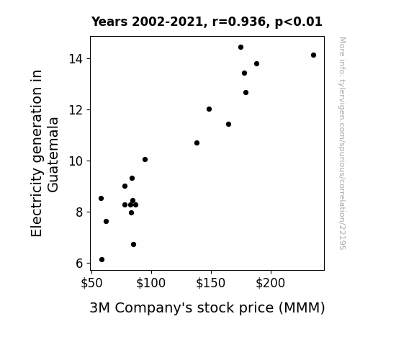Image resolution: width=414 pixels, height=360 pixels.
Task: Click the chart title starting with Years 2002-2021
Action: point(207,22)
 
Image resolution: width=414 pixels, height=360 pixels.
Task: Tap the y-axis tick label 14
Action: point(76,58)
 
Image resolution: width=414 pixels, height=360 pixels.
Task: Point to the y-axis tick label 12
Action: point(76,110)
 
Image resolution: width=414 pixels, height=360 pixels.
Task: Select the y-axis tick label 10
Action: point(76,161)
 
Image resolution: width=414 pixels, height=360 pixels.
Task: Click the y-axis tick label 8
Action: point(79,212)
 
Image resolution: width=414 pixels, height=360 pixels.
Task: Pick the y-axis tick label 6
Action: point(79,264)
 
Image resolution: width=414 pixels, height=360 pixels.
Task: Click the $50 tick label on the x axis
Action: point(91,283)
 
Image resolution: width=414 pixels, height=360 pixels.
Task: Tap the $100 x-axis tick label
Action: point(150,283)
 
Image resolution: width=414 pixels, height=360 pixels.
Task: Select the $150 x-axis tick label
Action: point(210,283)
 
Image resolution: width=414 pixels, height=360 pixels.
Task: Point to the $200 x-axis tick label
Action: point(271,283)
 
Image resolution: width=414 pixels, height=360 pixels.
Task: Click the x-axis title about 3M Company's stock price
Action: point(207,308)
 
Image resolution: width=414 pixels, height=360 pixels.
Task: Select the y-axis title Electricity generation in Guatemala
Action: point(45,153)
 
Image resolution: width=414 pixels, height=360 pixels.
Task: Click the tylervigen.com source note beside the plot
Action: point(342,143)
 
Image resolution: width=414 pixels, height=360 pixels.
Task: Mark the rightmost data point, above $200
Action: point(313,55)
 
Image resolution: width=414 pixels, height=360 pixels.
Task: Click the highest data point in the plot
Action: point(240,48)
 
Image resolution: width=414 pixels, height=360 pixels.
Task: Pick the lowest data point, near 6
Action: point(102,260)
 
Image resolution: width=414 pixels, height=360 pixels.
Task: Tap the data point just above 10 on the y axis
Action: point(145,160)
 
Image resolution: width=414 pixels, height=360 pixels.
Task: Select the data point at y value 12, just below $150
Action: point(209,109)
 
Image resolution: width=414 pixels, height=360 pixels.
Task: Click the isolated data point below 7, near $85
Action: point(134,245)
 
